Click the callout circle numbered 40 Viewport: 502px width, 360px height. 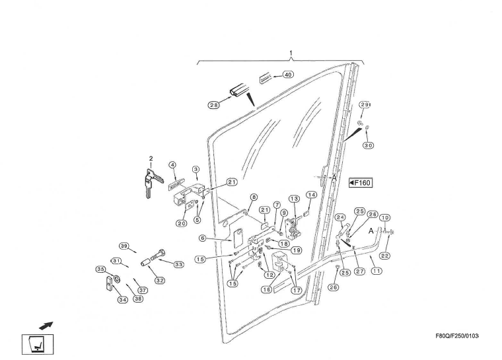(x=288, y=75)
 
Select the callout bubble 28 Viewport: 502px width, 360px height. (x=214, y=105)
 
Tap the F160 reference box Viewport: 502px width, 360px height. (x=361, y=183)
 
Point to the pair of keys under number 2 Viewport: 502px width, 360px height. (x=149, y=179)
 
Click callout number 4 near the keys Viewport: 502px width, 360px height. (x=172, y=164)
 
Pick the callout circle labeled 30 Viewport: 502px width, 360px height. (x=368, y=145)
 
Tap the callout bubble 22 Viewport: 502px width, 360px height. (x=384, y=256)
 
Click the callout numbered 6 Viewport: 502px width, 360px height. (x=203, y=238)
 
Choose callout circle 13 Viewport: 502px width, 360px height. (x=294, y=199)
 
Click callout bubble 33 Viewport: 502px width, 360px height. (x=178, y=264)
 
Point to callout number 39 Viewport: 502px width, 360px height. (x=124, y=246)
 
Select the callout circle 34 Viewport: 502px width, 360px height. (x=122, y=300)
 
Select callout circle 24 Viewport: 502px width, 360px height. (x=341, y=217)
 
